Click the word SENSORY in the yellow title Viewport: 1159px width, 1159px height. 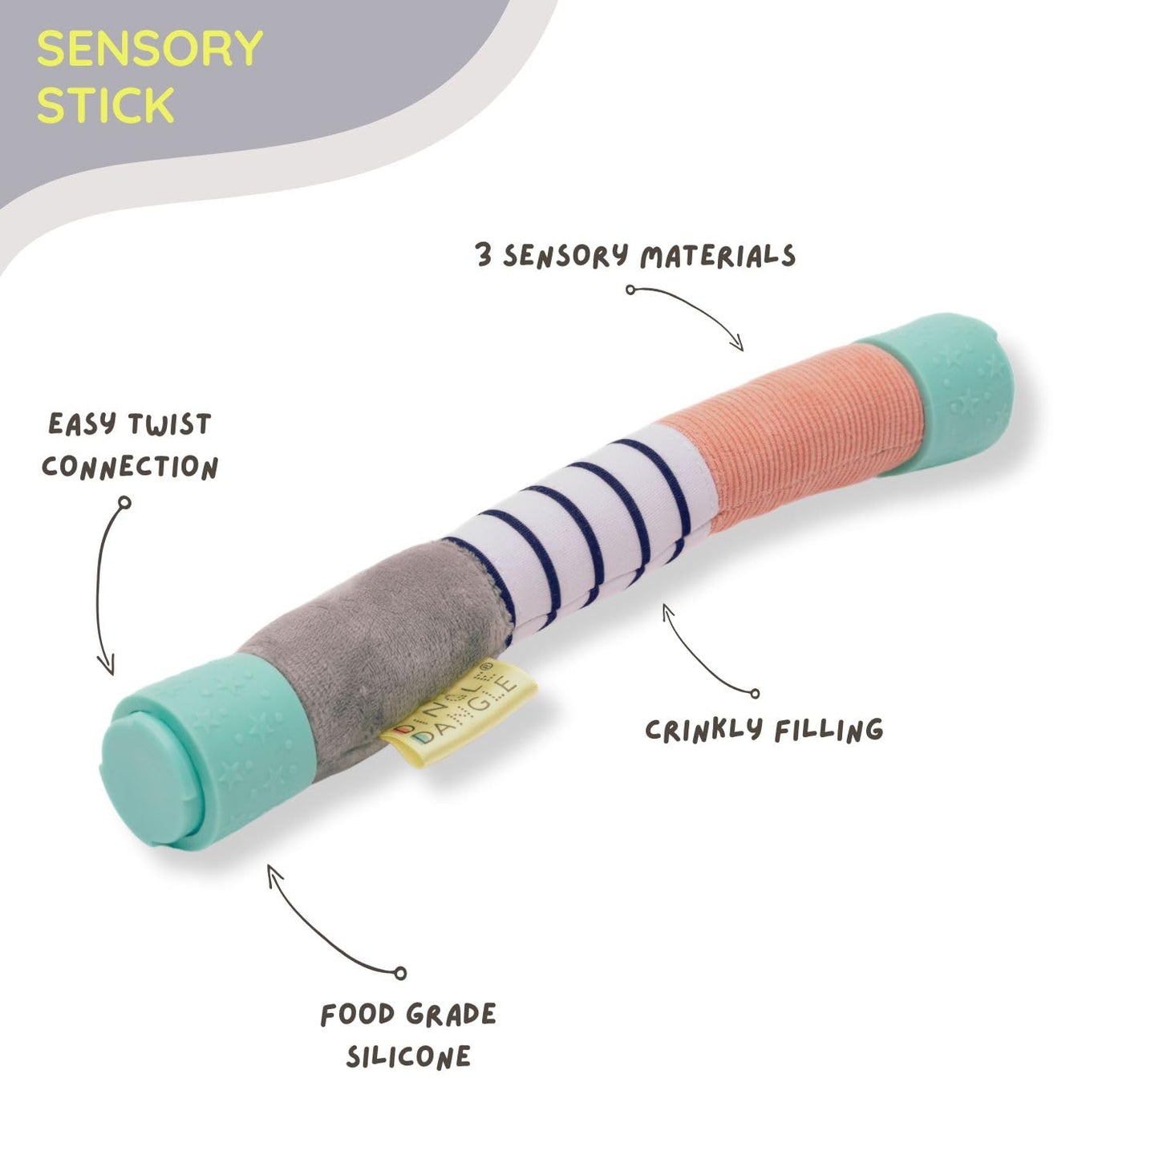(x=149, y=49)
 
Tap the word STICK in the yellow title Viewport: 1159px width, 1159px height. (x=105, y=106)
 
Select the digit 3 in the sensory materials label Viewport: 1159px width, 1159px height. (x=484, y=255)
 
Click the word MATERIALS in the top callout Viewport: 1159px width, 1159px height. (x=718, y=257)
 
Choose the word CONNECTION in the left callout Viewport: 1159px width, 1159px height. (x=130, y=467)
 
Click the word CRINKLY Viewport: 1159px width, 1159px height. (x=703, y=729)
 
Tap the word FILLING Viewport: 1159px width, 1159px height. (x=829, y=731)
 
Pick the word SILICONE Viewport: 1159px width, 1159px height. (x=408, y=1057)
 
